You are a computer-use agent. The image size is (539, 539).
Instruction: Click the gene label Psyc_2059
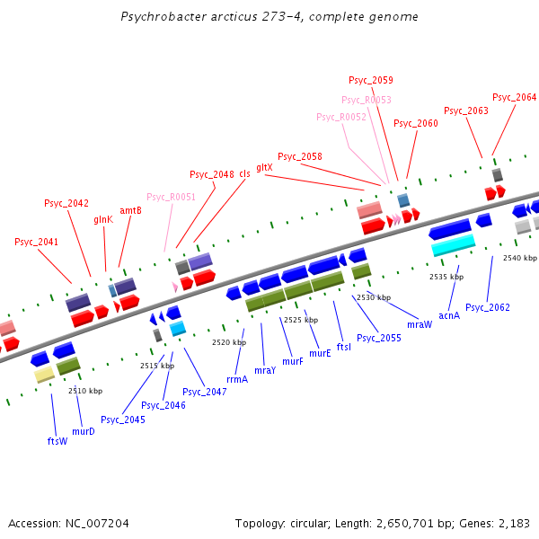pyautogui.click(x=370, y=80)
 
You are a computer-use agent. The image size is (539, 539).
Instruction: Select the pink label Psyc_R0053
pyautogui.click(x=367, y=100)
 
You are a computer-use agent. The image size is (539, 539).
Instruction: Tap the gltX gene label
pyautogui.click(x=264, y=167)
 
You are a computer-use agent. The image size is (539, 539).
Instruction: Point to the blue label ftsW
pyautogui.click(x=57, y=441)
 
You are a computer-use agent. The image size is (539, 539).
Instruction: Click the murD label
pyautogui.click(x=84, y=431)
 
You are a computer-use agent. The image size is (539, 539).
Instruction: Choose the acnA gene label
pyautogui.click(x=449, y=315)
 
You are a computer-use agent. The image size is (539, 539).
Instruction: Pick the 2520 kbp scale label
pyautogui.click(x=229, y=342)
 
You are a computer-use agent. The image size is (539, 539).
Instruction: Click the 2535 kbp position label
pyautogui.click(x=446, y=277)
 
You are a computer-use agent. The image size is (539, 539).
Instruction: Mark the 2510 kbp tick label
pyautogui.click(x=85, y=391)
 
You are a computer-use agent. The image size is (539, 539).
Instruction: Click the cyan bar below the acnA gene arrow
pyautogui.click(x=454, y=245)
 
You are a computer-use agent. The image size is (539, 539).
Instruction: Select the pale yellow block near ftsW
pyautogui.click(x=44, y=375)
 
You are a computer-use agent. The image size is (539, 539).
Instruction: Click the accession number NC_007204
pyautogui.click(x=97, y=524)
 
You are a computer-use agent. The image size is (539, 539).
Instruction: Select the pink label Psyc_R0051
pyautogui.click(x=171, y=197)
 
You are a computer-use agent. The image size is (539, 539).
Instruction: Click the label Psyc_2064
pyautogui.click(x=514, y=97)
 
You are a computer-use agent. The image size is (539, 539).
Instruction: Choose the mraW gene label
pyautogui.click(x=420, y=324)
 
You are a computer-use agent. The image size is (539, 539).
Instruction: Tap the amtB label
pyautogui.click(x=130, y=210)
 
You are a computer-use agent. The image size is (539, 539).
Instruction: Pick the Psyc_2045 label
pyautogui.click(x=123, y=420)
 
